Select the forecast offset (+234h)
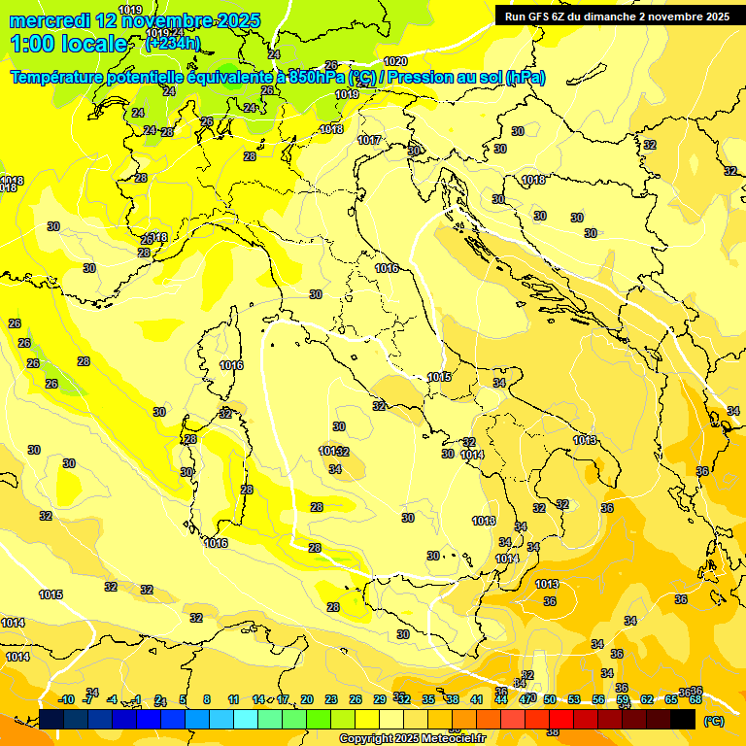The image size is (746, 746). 173,44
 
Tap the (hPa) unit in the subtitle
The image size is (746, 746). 526,78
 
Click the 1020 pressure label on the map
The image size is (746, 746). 395,61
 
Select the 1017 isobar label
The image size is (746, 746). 369,141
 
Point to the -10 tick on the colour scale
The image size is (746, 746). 66,699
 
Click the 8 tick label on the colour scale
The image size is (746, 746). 207,699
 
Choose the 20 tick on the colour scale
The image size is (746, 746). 307,699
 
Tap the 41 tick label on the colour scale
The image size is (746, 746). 477,699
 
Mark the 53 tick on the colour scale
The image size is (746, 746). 574,699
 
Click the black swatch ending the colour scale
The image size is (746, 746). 683,719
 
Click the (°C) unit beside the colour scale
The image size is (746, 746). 713,721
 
